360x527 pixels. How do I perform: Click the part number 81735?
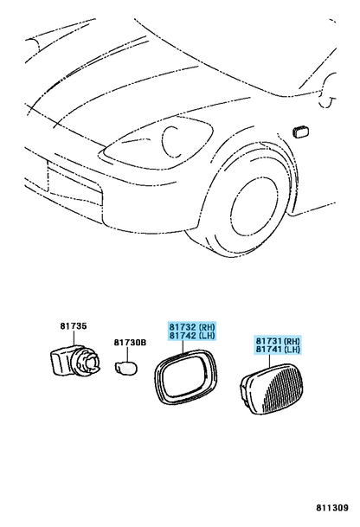click(74, 326)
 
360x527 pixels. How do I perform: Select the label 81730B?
click(130, 343)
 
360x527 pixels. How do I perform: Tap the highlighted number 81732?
click(183, 327)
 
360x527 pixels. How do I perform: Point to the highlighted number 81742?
click(183, 336)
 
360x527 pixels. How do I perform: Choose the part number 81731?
click(269, 341)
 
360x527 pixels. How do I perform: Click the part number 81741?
click(269, 350)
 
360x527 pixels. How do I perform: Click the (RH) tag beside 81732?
click(207, 327)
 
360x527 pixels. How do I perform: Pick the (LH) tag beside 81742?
click(207, 336)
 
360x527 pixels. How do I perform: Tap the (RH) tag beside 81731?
click(292, 341)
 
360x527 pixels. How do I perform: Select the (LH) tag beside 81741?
click(292, 350)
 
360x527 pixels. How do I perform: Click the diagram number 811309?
click(332, 507)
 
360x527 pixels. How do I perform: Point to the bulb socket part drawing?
click(74, 361)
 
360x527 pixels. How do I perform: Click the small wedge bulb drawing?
click(126, 366)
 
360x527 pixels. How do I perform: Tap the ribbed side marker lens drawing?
click(274, 389)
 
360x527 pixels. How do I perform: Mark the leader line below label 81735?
click(74, 337)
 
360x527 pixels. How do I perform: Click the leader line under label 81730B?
click(127, 354)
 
